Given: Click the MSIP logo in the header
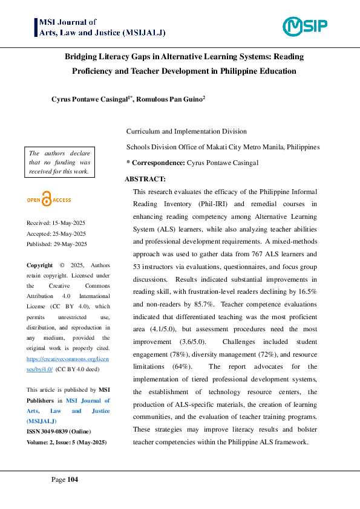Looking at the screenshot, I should click(305, 26).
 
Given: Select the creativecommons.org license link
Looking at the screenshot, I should click(68, 363).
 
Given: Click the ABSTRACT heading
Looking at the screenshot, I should click(145, 179).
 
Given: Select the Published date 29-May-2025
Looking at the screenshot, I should click(57, 244).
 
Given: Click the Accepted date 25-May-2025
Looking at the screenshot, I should click(56, 233).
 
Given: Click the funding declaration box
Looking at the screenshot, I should click(59, 162).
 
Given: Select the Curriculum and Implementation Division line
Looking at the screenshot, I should click(186, 131).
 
